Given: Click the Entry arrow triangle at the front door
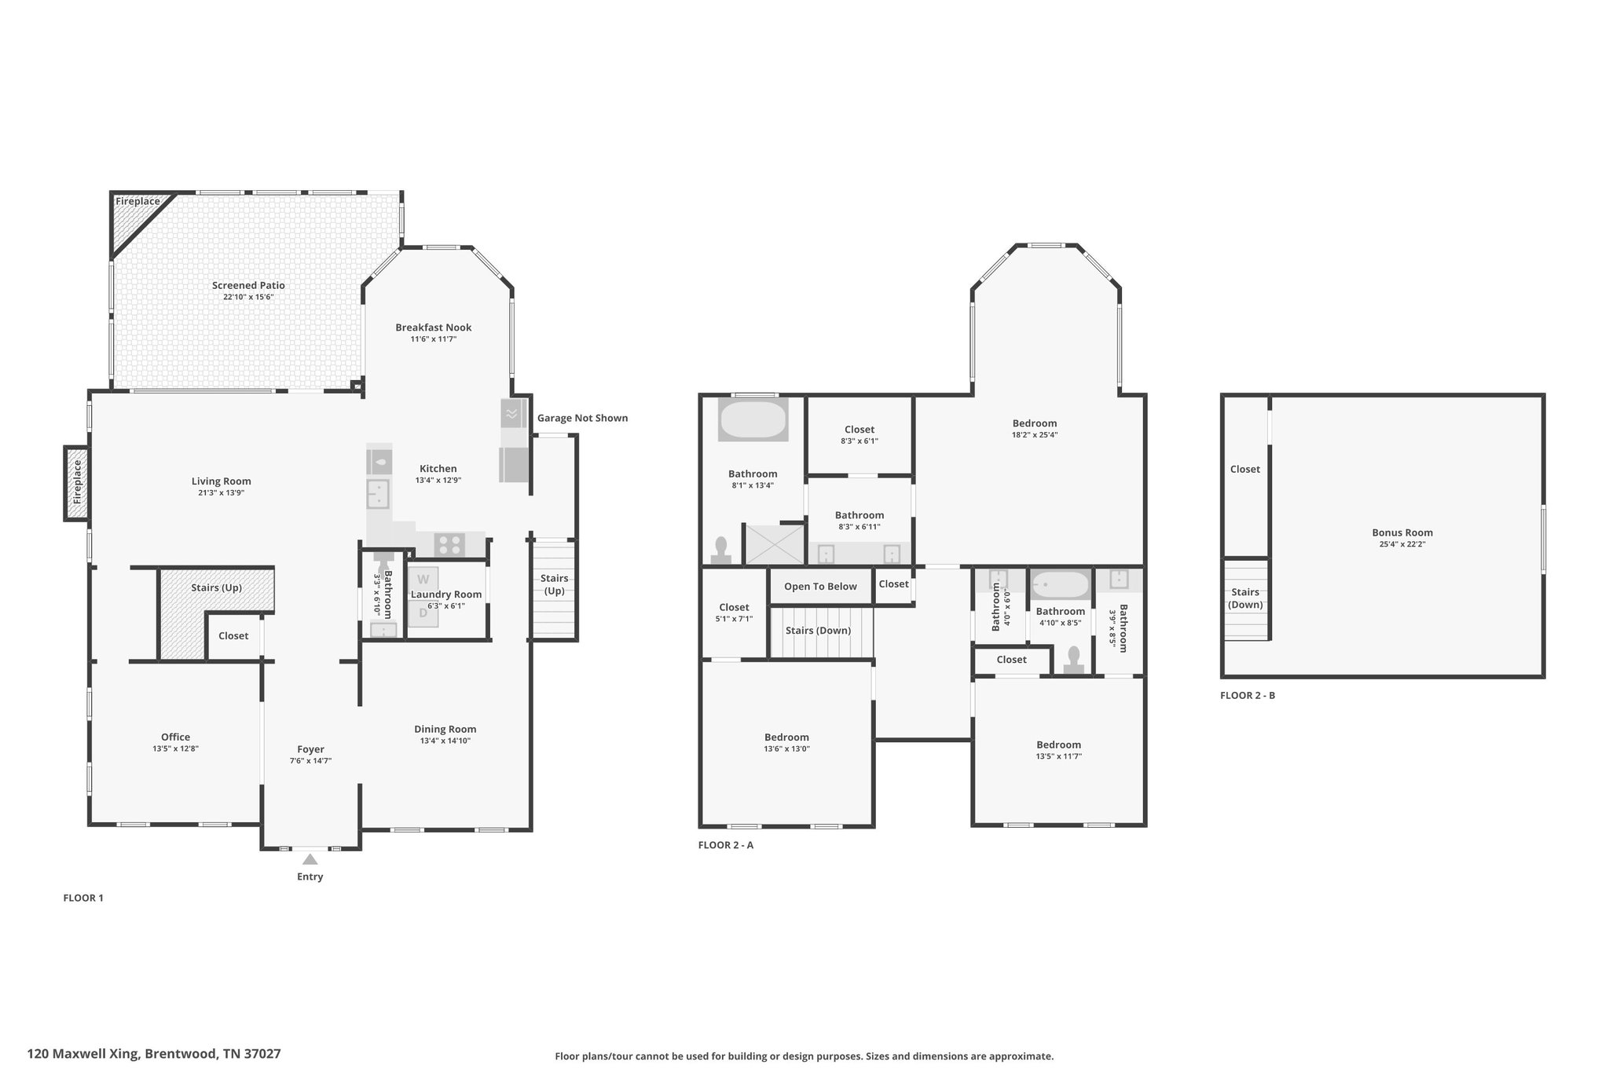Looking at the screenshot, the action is (310, 859).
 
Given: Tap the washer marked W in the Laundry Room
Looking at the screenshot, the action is (423, 580).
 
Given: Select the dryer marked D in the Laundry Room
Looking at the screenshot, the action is (423, 613).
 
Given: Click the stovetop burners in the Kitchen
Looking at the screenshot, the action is (450, 544).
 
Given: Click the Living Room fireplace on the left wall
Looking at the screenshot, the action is (76, 482).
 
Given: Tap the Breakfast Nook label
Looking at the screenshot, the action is (434, 327).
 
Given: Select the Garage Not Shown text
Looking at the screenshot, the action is (582, 418).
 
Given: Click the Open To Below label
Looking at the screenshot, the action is (820, 587).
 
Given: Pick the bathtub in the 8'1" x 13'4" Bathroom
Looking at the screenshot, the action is (753, 420).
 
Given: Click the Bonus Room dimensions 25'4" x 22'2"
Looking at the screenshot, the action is (1402, 544).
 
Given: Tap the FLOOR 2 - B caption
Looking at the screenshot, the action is (1248, 695).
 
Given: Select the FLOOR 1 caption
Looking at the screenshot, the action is (83, 898).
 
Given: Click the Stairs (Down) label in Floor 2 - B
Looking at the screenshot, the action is (1245, 598).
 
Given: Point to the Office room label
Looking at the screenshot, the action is (175, 737).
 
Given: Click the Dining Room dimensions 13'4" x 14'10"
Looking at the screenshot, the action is (445, 741).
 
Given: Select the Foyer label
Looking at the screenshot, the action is (310, 749).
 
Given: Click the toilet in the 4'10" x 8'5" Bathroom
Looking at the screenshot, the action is (1074, 660).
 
